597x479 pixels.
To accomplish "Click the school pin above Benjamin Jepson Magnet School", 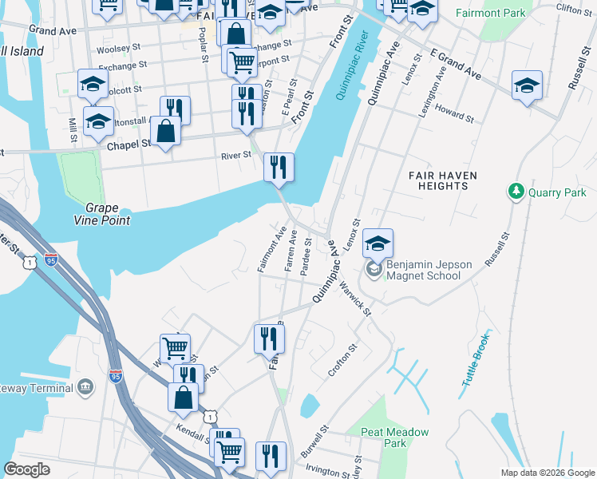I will pyautogui.click(x=378, y=243).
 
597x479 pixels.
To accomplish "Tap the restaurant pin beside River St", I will pyautogui.click(x=279, y=167).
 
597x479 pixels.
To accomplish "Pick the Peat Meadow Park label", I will pyautogui.click(x=395, y=437).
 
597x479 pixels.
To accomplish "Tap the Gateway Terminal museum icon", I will pyautogui.click(x=85, y=388).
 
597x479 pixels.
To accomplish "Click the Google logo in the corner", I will pyautogui.click(x=27, y=469).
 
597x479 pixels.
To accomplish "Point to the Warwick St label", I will pyautogui.click(x=356, y=296).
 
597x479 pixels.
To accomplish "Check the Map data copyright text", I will pyautogui.click(x=547, y=473).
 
